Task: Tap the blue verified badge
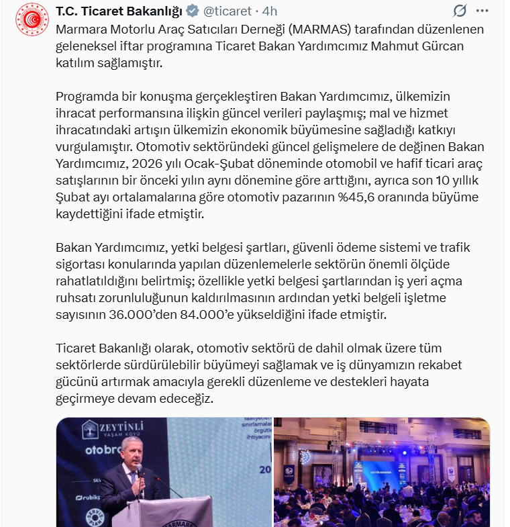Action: point(191,11)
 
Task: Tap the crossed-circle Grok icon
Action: point(460,11)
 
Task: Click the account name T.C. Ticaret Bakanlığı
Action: point(118,11)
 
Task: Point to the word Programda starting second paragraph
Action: point(86,97)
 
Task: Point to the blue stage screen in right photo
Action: point(376,471)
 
